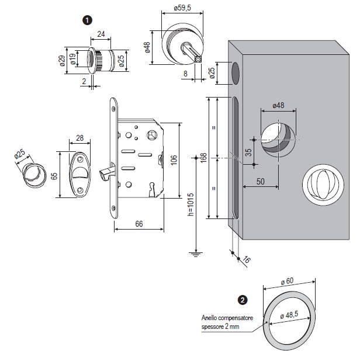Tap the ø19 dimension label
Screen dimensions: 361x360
click(x=72, y=60)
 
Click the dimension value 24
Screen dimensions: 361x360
click(x=101, y=34)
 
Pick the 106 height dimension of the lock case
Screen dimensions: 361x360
click(x=174, y=161)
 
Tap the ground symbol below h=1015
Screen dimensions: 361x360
click(x=194, y=253)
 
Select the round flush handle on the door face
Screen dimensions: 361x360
click(x=320, y=183)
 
